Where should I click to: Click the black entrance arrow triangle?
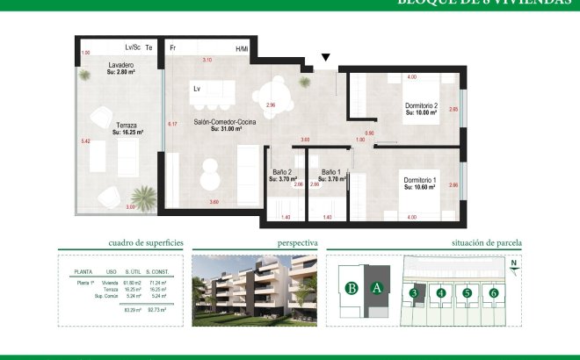tap(326, 59)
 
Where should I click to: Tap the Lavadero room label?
tap(120, 66)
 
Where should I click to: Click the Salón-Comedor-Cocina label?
tap(224, 123)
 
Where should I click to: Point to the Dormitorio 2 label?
tap(421, 107)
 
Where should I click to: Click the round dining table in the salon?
tap(280, 88)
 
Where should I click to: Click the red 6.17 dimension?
tap(172, 124)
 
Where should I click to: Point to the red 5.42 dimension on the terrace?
tap(85, 140)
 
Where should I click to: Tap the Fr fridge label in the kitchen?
tap(173, 48)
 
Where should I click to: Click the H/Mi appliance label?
tap(242, 48)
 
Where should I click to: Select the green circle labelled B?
tap(352, 287)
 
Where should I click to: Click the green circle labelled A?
tap(377, 287)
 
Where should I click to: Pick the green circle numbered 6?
tap(494, 292)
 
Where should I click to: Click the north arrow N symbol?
tap(513, 264)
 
